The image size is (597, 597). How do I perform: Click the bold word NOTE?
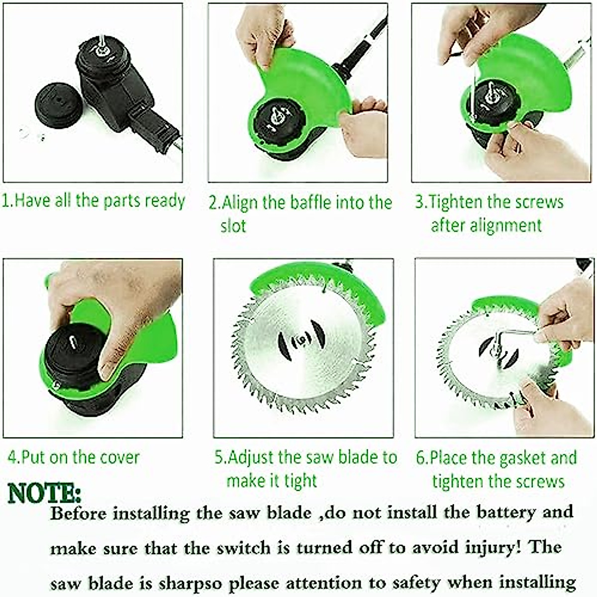[44, 494]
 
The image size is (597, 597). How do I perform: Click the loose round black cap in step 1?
[58, 105]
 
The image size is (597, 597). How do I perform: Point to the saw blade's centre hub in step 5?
[301, 340]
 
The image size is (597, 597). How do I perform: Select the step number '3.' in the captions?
[421, 202]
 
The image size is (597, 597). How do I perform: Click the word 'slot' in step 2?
[233, 226]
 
